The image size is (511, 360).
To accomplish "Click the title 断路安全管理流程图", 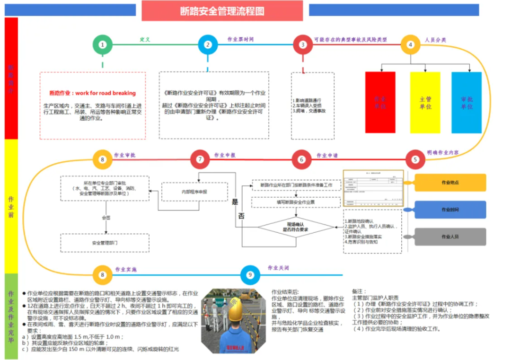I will (222, 10).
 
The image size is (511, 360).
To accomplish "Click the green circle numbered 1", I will (102, 45).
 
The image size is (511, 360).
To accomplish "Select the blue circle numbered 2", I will (207, 45).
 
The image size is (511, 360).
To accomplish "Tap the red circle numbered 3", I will (303, 45).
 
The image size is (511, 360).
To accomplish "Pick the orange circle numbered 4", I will (410, 45).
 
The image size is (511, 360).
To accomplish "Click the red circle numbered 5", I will (415, 159).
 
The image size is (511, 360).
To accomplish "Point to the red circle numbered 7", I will (200, 159).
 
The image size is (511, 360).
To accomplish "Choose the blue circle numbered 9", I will (250, 275).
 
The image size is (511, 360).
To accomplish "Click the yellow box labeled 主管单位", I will (425, 102).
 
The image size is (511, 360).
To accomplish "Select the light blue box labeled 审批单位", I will (466, 102).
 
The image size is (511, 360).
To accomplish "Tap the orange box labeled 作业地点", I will (450, 183).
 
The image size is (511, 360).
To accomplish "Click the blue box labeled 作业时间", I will (450, 210).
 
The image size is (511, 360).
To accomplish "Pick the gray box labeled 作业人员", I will (450, 237).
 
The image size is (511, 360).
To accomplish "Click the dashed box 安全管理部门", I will (105, 243).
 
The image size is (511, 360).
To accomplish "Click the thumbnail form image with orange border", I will (373, 189).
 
